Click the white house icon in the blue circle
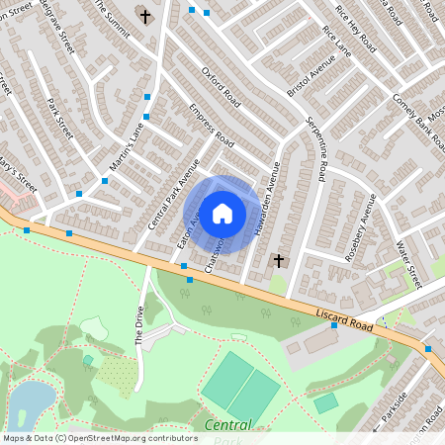[222, 213]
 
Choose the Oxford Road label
[222, 87]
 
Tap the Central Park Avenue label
[173, 194]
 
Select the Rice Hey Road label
[356, 31]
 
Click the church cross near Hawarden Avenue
[279, 261]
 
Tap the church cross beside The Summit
[145, 17]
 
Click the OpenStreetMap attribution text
[100, 437]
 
